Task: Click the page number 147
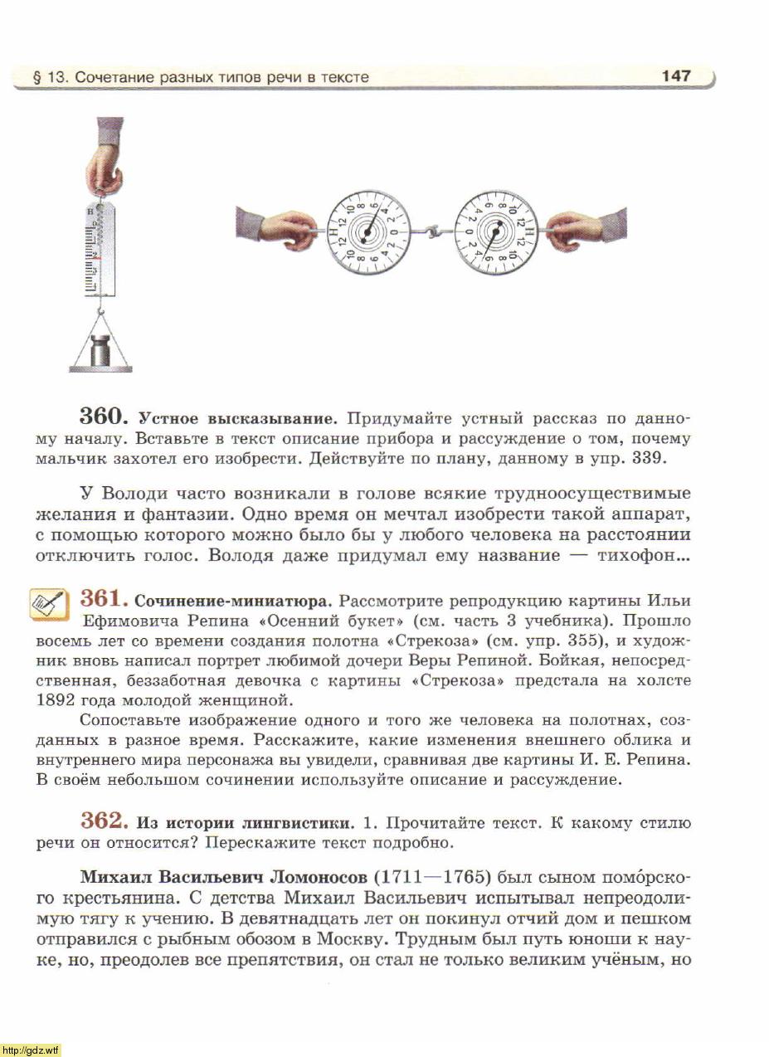click(x=676, y=75)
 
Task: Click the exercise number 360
click(x=104, y=416)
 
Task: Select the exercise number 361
click(x=104, y=598)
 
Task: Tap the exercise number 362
click(x=104, y=821)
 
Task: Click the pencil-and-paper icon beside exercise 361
click(x=49, y=603)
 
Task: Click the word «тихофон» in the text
click(x=643, y=556)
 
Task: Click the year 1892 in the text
click(x=59, y=699)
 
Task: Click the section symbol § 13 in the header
click(x=48, y=77)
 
